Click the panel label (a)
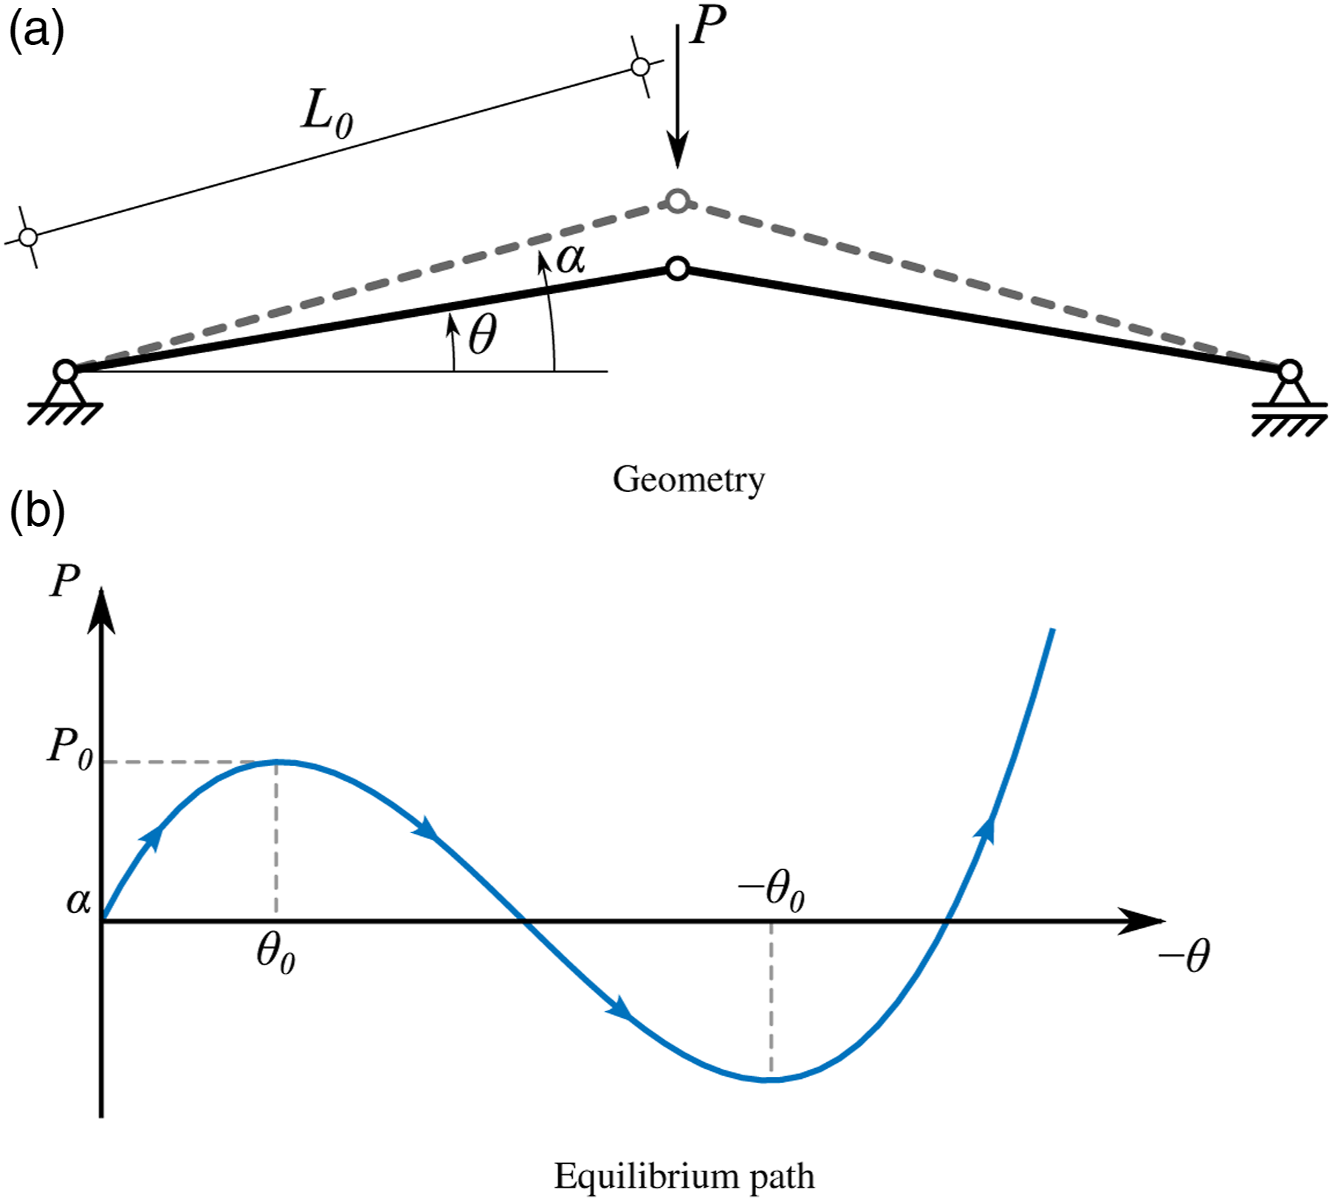click(36, 32)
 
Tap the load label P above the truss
click(708, 24)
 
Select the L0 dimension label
click(327, 114)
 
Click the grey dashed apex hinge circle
click(678, 200)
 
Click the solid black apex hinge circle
click(678, 269)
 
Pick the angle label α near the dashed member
click(571, 259)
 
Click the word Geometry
click(689, 480)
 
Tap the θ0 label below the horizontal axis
click(275, 954)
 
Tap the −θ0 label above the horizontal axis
click(771, 890)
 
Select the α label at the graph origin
click(79, 901)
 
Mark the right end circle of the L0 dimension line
click(641, 67)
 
